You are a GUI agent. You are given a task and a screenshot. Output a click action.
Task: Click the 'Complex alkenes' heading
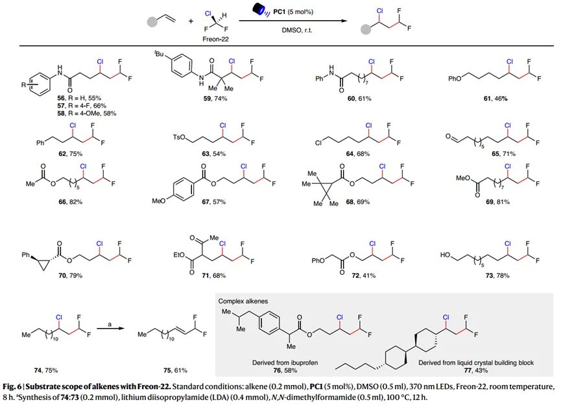245,301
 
